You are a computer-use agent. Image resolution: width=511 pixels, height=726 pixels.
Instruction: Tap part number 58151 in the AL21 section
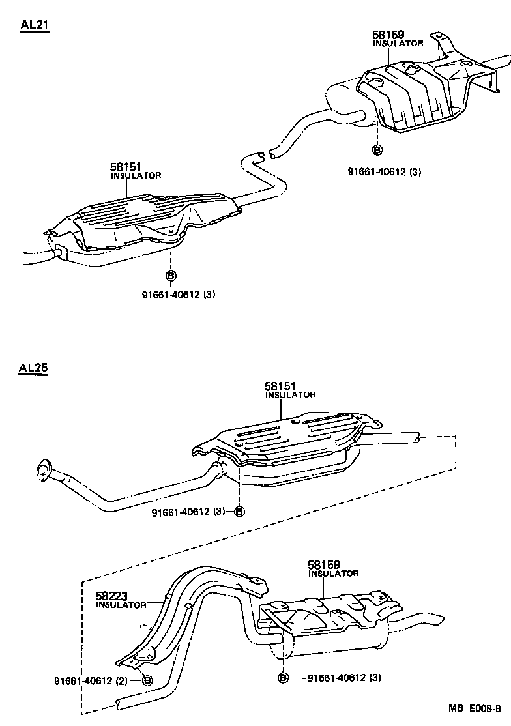(x=125, y=167)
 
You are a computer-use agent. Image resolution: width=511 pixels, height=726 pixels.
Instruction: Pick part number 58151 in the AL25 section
(x=280, y=386)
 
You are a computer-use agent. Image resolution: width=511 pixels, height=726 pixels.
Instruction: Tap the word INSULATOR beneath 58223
(x=121, y=605)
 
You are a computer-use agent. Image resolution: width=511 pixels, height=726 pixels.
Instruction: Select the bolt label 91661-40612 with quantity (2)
(x=91, y=681)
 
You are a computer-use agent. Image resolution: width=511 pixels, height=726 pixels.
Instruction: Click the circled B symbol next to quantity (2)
(x=147, y=681)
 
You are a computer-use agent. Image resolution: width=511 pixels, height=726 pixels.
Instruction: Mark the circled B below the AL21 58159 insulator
(x=377, y=150)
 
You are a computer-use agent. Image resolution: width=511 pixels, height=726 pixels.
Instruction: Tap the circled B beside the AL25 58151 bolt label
(x=239, y=512)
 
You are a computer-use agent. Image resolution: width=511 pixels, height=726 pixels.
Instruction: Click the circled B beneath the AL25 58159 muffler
(x=283, y=678)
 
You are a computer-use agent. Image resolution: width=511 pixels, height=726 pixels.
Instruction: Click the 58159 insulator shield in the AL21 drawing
(x=417, y=94)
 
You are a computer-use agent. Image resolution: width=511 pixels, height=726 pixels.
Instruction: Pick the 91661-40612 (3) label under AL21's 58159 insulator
(x=385, y=171)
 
